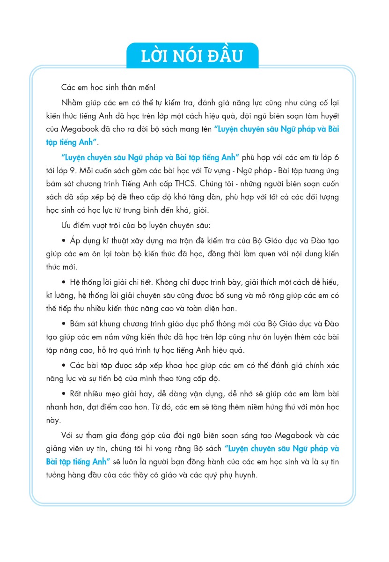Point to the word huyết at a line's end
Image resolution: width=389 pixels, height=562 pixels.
[328, 116]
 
